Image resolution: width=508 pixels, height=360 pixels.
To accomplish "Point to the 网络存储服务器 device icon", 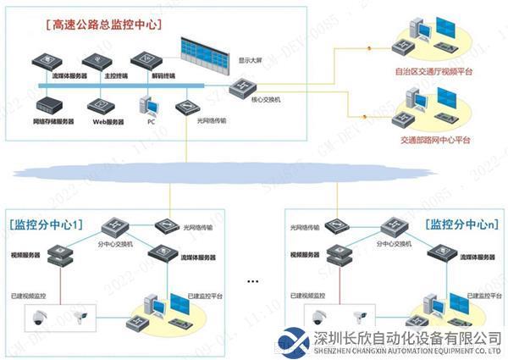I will pos(47,104).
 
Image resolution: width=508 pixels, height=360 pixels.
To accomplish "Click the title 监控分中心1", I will pos(48,224).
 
